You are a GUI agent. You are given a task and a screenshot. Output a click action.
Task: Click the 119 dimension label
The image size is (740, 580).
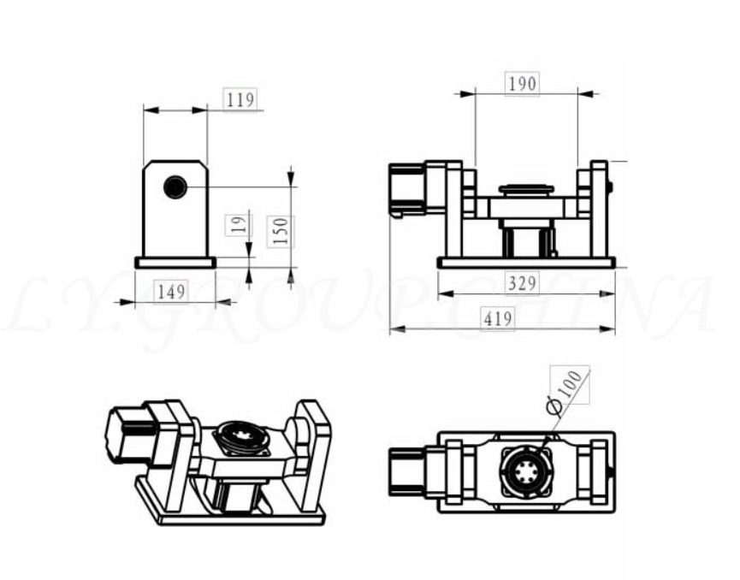coord(240,99)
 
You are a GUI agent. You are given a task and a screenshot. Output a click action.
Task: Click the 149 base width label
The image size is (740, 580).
coord(171,292)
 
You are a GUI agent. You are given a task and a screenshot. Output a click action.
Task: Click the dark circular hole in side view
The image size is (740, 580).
coord(175,186)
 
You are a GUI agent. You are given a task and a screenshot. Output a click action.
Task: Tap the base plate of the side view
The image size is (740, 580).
coord(175,263)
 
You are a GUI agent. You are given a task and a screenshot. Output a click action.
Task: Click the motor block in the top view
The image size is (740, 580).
coord(411,470)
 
